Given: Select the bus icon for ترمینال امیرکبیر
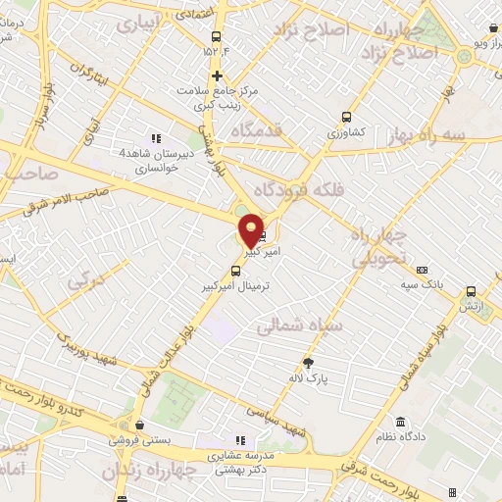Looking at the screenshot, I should click(x=235, y=271).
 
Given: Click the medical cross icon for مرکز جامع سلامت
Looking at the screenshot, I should click(x=217, y=75).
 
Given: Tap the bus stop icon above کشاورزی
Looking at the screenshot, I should click(x=345, y=116).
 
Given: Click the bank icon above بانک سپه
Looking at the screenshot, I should click(x=422, y=270).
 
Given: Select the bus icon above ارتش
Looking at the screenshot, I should click(x=472, y=291).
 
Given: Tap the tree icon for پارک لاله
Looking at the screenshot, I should click(x=310, y=362).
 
